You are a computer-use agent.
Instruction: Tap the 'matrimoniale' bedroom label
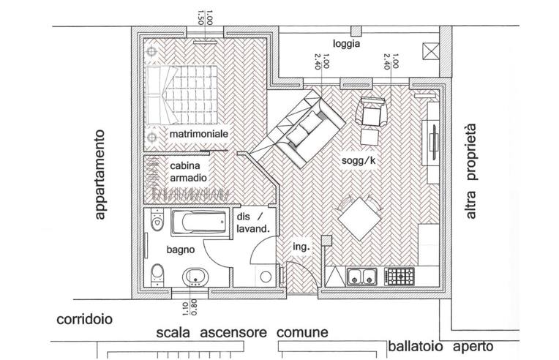click(199, 136)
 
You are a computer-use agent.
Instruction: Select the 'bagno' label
click(180, 250)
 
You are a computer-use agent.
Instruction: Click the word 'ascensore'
click(232, 333)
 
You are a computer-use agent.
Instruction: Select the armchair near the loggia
click(369, 113)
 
